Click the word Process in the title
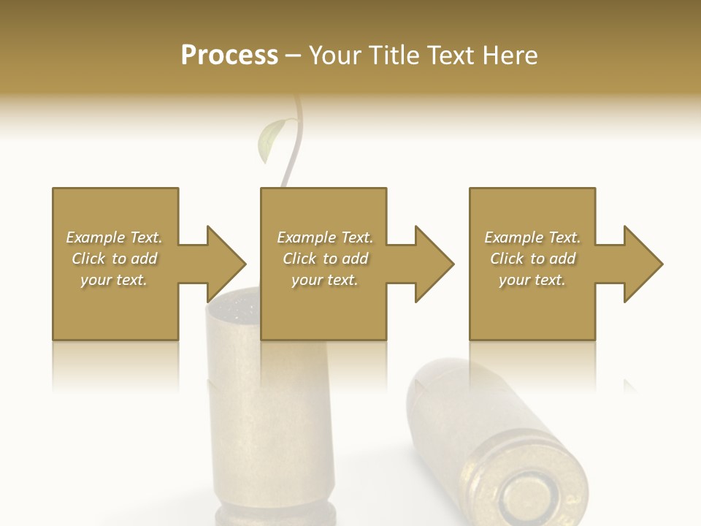[x=229, y=56]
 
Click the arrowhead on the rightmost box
[x=643, y=264]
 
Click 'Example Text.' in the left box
[x=114, y=237]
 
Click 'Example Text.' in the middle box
[x=325, y=237]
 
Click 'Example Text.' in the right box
[x=532, y=237]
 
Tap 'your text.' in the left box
[x=114, y=280]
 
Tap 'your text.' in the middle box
[x=325, y=280]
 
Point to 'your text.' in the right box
[x=532, y=280]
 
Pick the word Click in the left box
[x=88, y=259]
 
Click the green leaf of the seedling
[x=270, y=140]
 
